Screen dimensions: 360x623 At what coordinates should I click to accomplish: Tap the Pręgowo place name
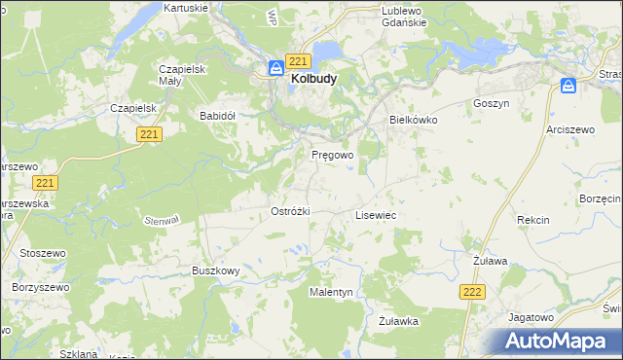pos(332,155)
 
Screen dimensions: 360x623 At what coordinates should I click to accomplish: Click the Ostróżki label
pos(289,211)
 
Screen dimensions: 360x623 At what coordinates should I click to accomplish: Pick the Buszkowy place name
pos(216,270)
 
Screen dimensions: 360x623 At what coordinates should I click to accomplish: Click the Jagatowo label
pos(531,317)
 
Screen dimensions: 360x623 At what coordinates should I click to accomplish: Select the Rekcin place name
pos(533,221)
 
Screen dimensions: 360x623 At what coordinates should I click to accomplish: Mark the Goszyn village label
pos(491,102)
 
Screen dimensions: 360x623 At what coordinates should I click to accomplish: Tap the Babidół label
pos(218,115)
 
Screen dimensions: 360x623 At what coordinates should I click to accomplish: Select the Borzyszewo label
pos(38,288)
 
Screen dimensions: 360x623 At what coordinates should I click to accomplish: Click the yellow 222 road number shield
pos(472,291)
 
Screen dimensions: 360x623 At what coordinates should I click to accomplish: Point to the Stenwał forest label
pos(163,221)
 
